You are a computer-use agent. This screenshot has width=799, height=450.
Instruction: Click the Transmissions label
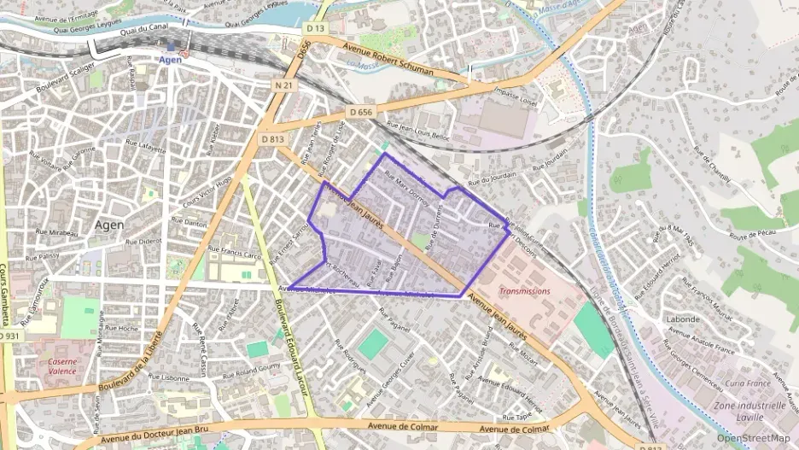coord(525,290)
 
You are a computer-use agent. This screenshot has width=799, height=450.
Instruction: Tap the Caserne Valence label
coord(61,365)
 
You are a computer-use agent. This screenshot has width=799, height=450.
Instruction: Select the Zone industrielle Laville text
coord(749,412)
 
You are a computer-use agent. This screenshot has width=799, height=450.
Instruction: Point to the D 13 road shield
coord(315,29)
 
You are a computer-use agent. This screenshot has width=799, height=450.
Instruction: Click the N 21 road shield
coord(284,85)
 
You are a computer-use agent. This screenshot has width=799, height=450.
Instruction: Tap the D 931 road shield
coord(9,336)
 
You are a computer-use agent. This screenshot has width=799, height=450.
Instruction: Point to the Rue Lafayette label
coord(145,147)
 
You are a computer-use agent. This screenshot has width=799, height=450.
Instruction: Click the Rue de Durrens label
coord(435,226)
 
